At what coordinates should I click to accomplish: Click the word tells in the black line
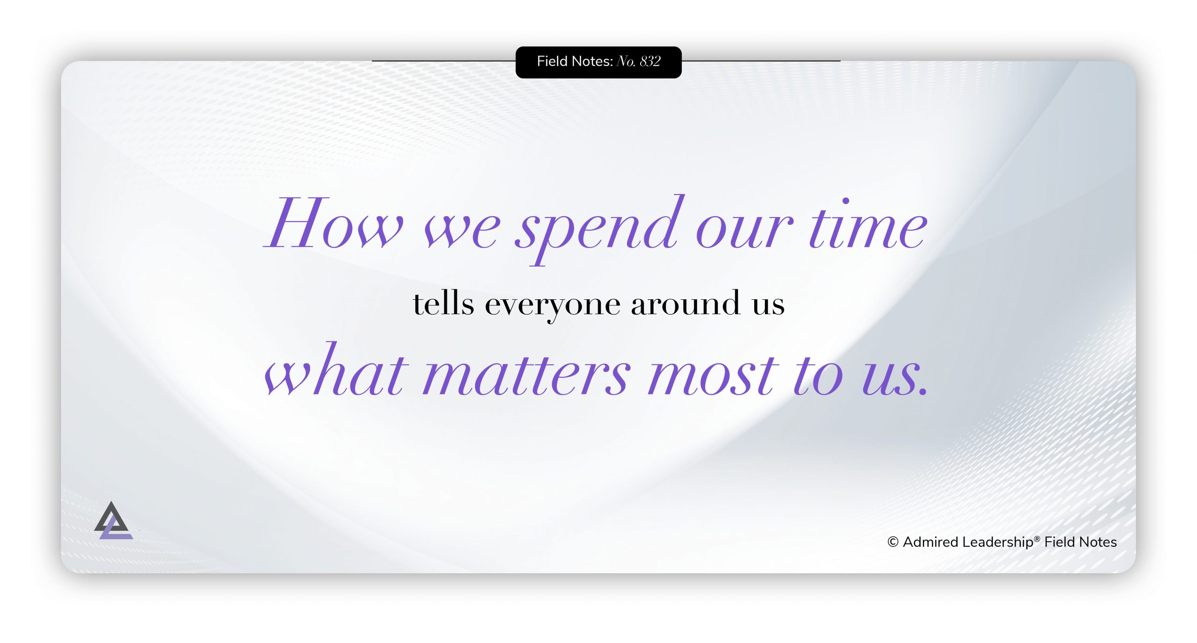point(443,304)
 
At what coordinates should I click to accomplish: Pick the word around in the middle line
point(685,304)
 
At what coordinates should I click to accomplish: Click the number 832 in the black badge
point(650,61)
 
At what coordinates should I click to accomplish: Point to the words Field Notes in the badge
point(575,61)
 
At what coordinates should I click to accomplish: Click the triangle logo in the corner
point(113,521)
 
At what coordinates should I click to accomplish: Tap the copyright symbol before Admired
point(893,542)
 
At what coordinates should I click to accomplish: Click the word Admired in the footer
point(930,542)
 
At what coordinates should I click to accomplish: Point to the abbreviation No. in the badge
point(626,61)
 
